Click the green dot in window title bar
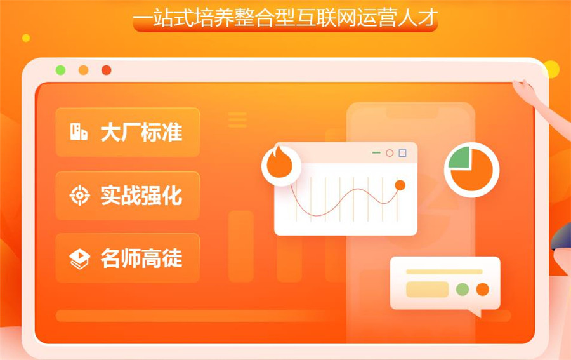pos(60,70)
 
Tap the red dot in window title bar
pos(106,70)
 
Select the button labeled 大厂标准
pos(128,132)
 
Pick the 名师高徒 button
pos(128,258)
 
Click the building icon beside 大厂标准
pos(79,132)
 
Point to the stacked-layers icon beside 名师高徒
pos(79,258)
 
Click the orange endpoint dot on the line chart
pos(400,185)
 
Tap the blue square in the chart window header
pos(402,153)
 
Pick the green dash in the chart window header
pos(376,153)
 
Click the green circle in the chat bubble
pos(463,289)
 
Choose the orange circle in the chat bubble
pos(483,289)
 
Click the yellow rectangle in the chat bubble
pos(427,289)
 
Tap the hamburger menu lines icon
pos(237,119)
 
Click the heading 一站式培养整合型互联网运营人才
pos(285,18)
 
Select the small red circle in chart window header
pos(390,153)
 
